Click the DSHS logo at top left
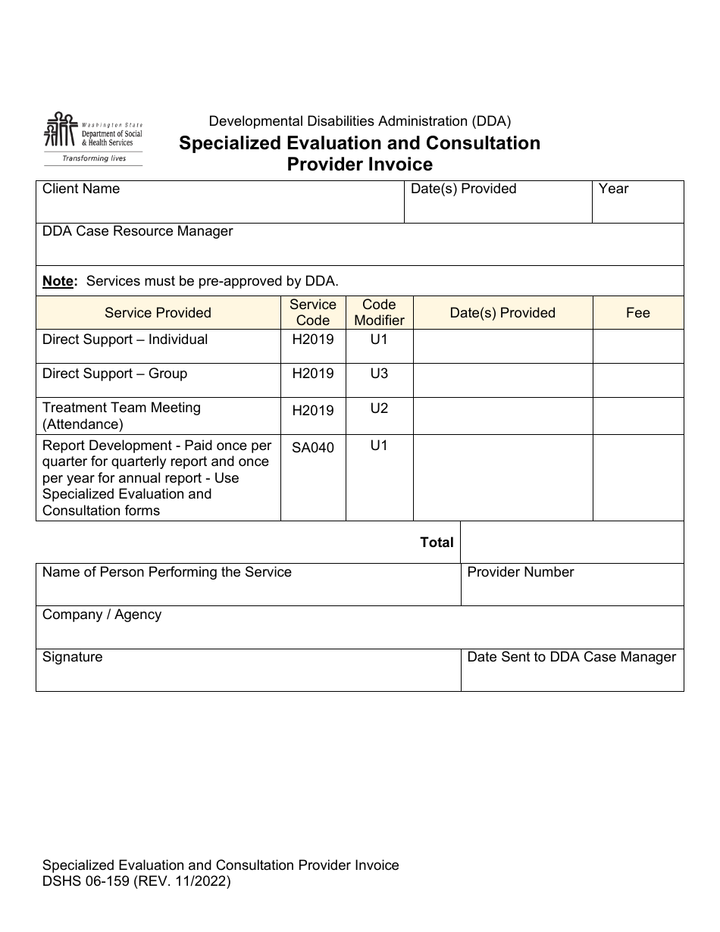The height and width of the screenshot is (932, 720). click(92, 139)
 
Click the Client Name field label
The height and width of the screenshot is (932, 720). click(81, 189)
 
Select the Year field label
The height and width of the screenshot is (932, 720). click(613, 189)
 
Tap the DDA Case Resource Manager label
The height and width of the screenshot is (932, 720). click(137, 231)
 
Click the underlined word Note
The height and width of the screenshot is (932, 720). click(58, 281)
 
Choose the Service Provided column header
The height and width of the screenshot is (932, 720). click(158, 313)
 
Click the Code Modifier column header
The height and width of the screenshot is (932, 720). click(379, 312)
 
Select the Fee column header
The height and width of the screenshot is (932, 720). click(637, 313)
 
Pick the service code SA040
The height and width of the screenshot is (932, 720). click(312, 447)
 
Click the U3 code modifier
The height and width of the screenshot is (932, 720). click(379, 374)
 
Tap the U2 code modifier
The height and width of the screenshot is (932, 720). click(379, 408)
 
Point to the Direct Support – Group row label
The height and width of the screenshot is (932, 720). click(114, 374)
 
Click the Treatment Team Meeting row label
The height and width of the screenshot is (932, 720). click(121, 416)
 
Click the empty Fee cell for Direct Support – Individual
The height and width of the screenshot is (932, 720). click(637, 346)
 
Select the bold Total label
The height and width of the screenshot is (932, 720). click(437, 543)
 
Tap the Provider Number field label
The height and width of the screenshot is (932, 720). click(521, 572)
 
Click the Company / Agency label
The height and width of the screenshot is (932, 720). click(102, 615)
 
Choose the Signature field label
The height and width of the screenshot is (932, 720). click(72, 657)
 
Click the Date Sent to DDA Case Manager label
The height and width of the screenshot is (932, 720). click(571, 657)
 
